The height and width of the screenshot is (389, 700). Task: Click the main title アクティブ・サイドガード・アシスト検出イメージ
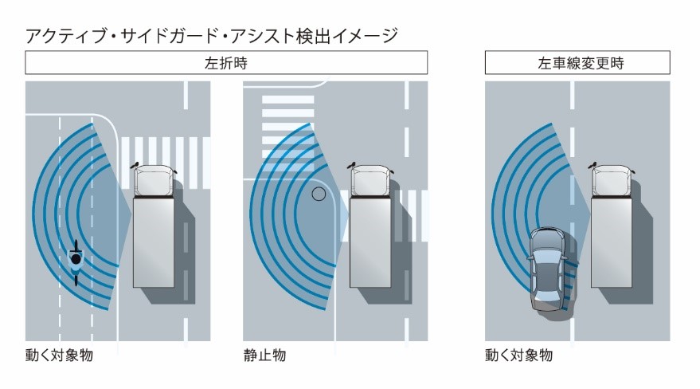[211, 36]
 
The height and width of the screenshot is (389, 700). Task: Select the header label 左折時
[226, 63]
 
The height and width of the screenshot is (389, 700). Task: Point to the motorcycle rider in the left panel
[76, 262]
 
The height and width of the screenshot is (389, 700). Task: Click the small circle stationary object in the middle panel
[319, 194]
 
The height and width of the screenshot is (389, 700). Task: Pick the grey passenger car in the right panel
[547, 269]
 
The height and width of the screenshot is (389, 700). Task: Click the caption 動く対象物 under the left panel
[59, 356]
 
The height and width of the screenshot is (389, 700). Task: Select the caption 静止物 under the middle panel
[264, 356]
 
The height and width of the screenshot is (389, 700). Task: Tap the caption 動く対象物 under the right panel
[518, 356]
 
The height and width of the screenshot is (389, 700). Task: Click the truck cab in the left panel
[154, 181]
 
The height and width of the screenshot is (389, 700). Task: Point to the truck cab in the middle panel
[370, 181]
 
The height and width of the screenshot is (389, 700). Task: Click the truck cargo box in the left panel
[154, 242]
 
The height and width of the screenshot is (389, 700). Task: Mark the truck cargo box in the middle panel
[370, 242]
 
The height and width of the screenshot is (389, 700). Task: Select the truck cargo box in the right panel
[611, 242]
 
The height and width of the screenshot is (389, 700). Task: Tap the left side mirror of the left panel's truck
[135, 165]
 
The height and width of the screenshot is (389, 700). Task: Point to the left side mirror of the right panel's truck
[592, 165]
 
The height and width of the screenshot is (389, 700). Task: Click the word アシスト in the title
[262, 36]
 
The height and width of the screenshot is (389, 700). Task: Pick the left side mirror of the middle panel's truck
[351, 165]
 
